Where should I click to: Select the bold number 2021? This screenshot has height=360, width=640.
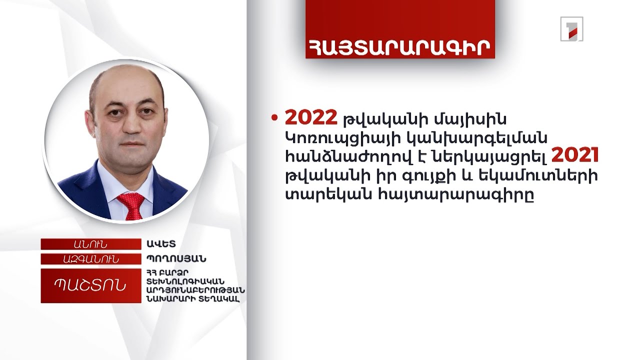[x=575, y=157]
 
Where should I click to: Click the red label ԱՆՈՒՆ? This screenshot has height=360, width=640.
[x=90, y=244]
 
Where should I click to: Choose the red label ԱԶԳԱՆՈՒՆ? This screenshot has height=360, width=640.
[x=90, y=259]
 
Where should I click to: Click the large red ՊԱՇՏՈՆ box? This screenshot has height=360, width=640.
[x=90, y=285]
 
